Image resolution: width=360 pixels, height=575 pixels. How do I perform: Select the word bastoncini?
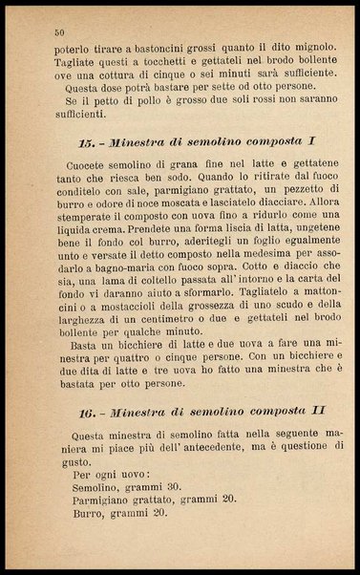tap(145, 48)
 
